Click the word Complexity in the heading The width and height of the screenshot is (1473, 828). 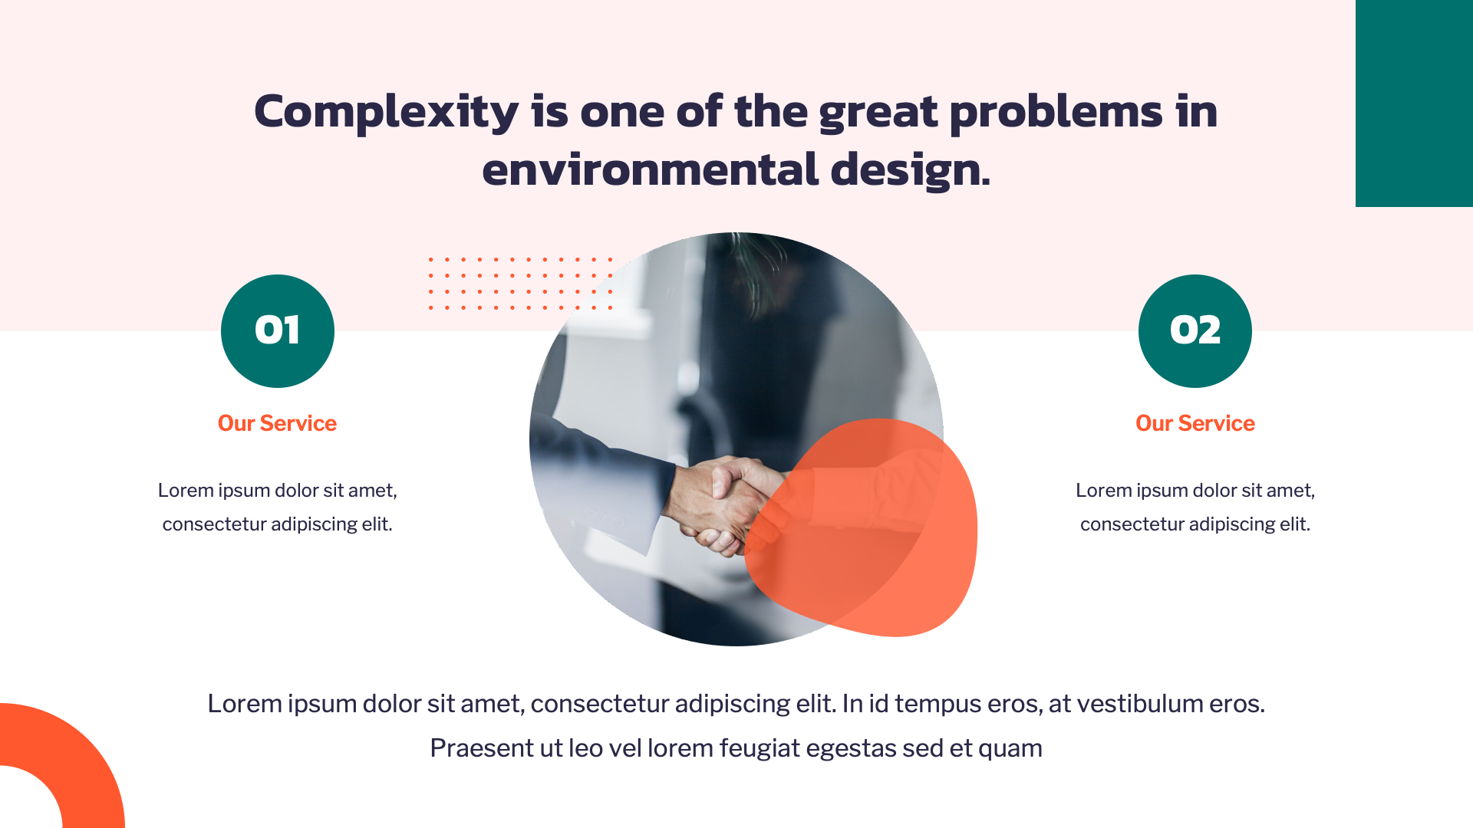[386, 112]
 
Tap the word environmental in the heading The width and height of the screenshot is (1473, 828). [650, 169]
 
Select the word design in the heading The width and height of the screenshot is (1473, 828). [909, 169]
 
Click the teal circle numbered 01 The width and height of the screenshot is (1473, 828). [278, 331]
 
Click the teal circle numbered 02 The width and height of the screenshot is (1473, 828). [1195, 331]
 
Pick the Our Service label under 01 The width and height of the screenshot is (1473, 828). [277, 423]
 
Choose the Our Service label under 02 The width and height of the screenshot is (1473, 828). [1195, 423]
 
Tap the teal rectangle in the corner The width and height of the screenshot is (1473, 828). [1414, 103]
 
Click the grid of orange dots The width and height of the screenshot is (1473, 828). [520, 284]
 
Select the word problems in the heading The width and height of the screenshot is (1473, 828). [1056, 112]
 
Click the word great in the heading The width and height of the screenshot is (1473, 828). [878, 112]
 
